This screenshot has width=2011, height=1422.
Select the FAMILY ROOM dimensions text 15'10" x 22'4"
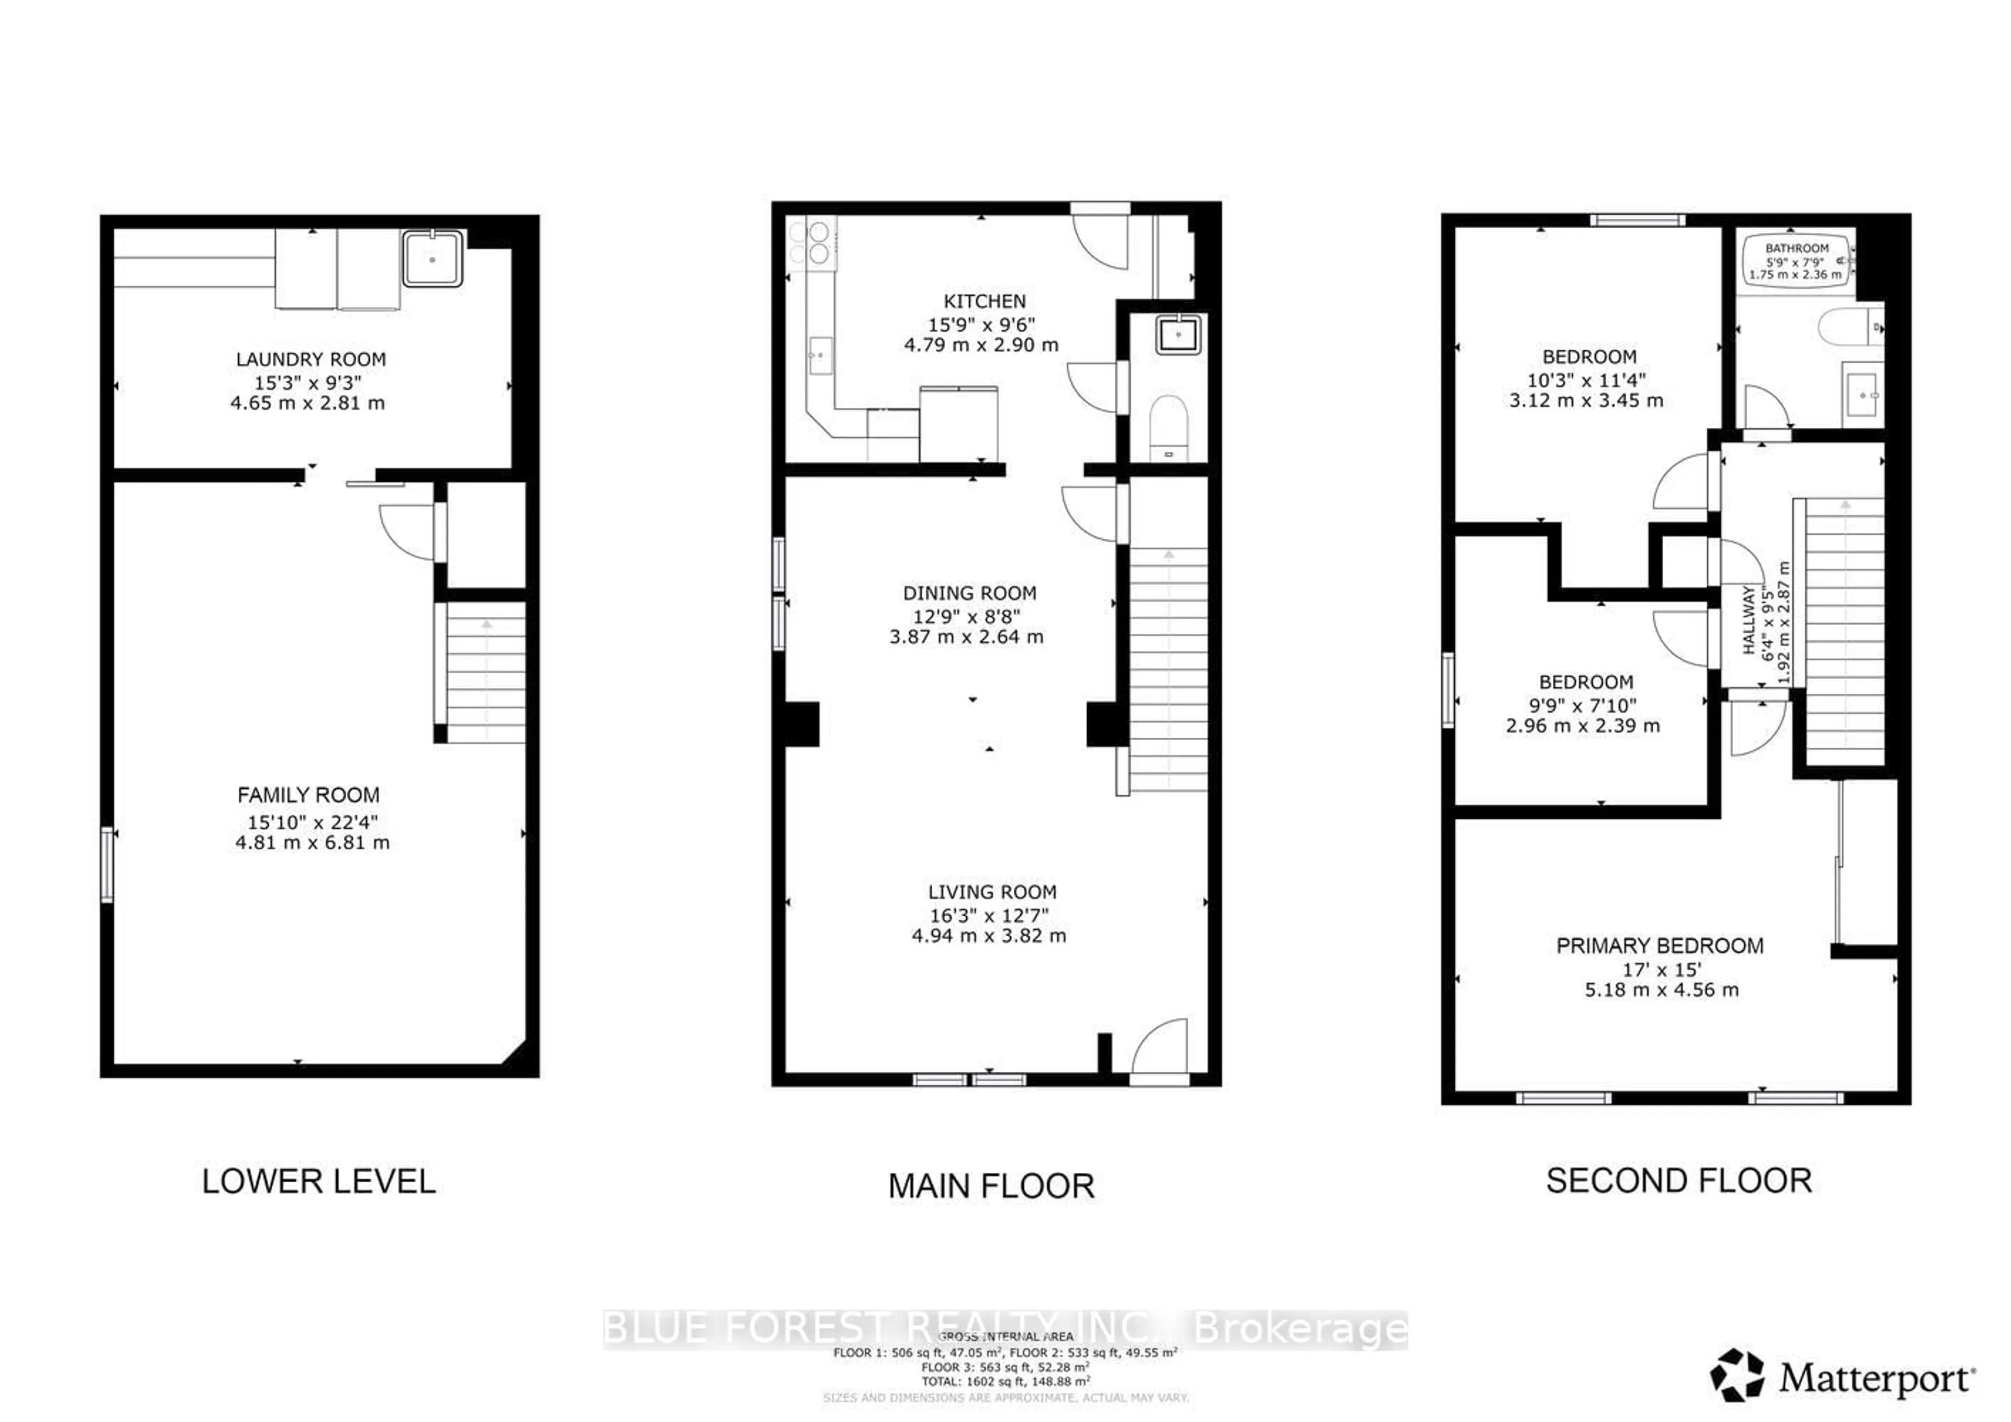pyautogui.click(x=312, y=821)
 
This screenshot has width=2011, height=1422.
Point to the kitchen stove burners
pyautogui.click(x=810, y=242)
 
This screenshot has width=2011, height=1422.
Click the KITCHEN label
pyautogui.click(x=985, y=301)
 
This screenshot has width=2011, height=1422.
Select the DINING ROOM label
pyautogui.click(x=969, y=593)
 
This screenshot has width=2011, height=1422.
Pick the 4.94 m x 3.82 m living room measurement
pyautogui.click(x=989, y=935)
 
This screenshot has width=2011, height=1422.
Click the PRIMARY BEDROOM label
pyautogui.click(x=1659, y=946)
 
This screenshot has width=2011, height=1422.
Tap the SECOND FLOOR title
pyautogui.click(x=1678, y=1180)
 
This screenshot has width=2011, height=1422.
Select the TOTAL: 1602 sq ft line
pyautogui.click(x=1004, y=1381)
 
